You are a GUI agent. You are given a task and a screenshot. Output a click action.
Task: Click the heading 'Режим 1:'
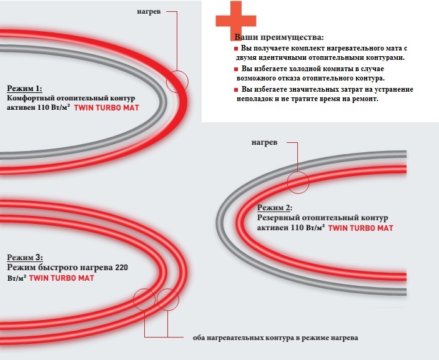[x=24, y=89]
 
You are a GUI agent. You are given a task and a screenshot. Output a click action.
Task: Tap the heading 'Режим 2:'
[x=275, y=208]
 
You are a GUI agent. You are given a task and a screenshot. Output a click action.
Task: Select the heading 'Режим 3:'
[x=25, y=257]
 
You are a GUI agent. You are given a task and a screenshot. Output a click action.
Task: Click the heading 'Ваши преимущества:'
[x=279, y=37]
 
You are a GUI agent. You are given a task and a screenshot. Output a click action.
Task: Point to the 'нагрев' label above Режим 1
[x=149, y=12]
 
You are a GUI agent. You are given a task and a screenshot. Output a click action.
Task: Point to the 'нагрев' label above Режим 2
[x=264, y=143]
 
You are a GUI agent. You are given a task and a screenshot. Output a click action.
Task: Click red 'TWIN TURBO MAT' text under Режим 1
[x=106, y=108]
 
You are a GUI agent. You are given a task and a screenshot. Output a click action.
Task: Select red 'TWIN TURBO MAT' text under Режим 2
[x=360, y=228]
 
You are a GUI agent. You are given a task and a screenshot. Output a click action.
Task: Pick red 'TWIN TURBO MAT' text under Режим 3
[x=62, y=278]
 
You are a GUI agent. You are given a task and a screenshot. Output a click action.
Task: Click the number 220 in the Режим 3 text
[x=121, y=268]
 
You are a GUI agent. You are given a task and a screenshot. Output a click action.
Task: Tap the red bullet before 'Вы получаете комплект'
[x=236, y=49]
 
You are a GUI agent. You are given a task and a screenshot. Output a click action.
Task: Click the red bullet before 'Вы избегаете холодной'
[x=236, y=69]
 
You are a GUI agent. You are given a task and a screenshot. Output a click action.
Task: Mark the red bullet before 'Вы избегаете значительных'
[x=236, y=90]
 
